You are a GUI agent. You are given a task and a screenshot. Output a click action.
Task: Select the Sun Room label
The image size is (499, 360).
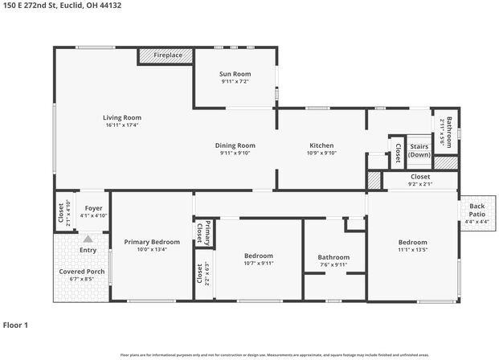tap(235, 74)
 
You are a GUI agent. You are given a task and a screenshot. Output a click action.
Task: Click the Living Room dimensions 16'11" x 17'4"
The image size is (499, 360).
tap(122, 125)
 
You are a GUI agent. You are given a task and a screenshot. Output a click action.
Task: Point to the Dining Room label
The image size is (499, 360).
tap(235, 145)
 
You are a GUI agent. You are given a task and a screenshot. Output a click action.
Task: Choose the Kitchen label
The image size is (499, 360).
tap(321, 145)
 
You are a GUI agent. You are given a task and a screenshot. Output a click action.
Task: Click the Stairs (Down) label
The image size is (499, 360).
tap(419, 150)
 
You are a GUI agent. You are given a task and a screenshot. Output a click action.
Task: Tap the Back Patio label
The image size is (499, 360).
tap(477, 211)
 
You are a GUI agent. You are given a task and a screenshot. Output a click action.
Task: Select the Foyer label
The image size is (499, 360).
tap(93, 208)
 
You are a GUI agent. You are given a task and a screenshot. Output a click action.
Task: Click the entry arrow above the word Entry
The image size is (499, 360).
tap(88, 239)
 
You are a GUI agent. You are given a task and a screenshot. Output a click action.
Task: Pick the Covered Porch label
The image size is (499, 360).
tap(81, 272)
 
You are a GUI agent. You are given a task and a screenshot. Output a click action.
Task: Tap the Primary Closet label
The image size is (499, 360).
tap(207, 231)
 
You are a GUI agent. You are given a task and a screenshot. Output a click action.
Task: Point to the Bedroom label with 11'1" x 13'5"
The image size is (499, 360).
tap(412, 242)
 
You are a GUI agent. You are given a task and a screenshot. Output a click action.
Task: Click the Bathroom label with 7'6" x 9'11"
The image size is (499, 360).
tap(333, 257)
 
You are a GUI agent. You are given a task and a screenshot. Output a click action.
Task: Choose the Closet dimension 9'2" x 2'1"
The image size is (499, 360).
tap(420, 184)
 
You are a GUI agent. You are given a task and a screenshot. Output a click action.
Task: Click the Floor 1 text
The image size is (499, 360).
tap(15, 325)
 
